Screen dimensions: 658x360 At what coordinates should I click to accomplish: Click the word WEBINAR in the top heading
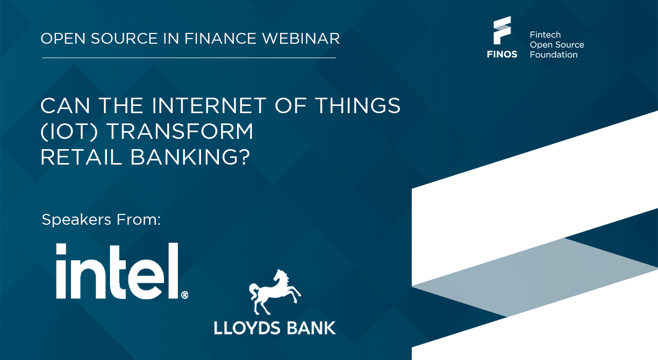click(x=301, y=39)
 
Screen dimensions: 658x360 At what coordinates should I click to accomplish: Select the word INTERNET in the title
click(x=209, y=105)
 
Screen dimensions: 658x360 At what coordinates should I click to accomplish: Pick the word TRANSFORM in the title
click(x=180, y=131)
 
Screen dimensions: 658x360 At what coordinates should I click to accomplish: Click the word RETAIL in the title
click(x=81, y=157)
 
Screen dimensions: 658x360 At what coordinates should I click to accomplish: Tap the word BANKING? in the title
click(x=190, y=157)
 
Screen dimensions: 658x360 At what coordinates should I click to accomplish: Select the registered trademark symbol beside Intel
click(x=185, y=295)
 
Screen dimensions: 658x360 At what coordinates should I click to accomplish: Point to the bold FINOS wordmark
click(x=502, y=55)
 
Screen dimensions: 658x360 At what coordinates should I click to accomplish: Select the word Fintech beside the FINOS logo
click(x=545, y=34)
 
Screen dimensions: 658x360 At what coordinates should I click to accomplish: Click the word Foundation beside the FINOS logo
click(x=554, y=55)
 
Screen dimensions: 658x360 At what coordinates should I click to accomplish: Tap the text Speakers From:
click(x=101, y=220)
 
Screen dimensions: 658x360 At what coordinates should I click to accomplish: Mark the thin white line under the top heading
click(x=189, y=58)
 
